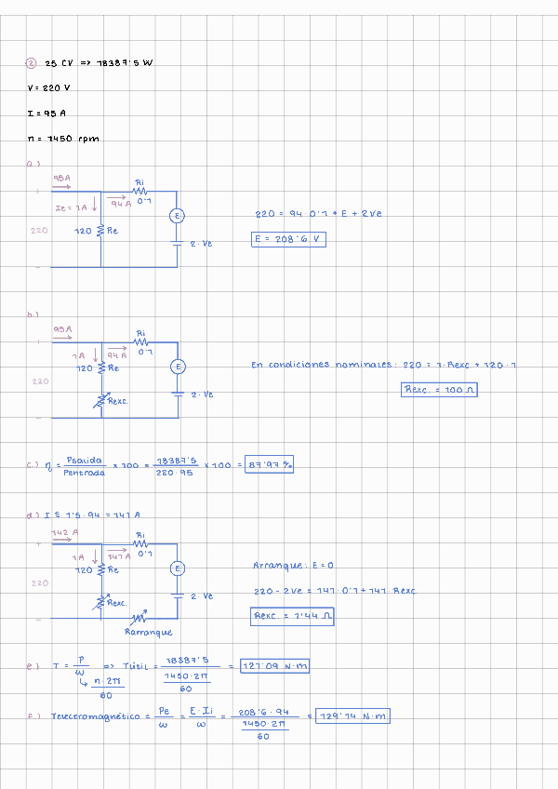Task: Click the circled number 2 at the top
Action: [31, 63]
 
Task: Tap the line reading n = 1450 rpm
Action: [63, 139]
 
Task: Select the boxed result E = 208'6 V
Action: [289, 239]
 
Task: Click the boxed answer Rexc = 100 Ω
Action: [439, 390]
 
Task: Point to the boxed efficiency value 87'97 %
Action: [269, 465]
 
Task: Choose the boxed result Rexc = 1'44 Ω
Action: [293, 616]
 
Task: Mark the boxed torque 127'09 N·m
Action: [274, 666]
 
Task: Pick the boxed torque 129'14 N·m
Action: [352, 716]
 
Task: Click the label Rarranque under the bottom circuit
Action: [149, 632]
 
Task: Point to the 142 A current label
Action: [64, 533]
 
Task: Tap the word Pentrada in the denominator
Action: [85, 473]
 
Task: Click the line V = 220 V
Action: [49, 88]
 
